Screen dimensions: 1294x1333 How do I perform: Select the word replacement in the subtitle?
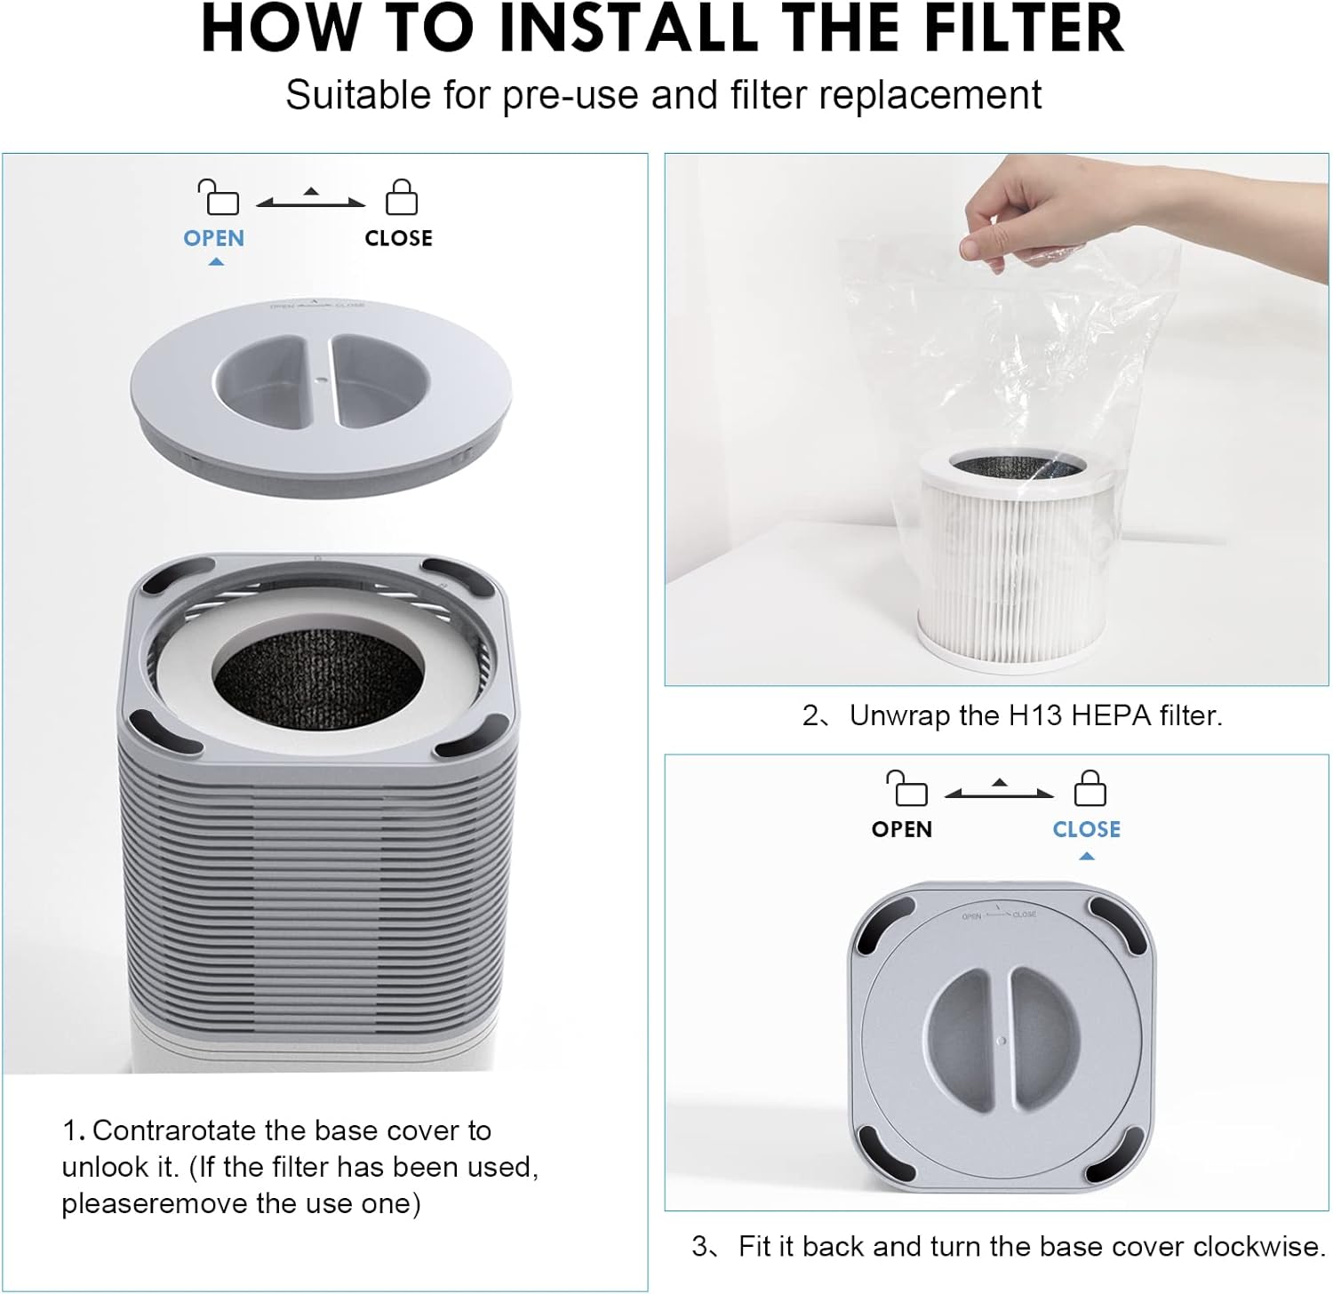pos(930,95)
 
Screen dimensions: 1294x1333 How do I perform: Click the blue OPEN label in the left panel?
pos(213,238)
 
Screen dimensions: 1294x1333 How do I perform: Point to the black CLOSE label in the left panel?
pos(398,238)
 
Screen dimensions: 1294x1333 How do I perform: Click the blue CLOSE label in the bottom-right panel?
pos(1086,829)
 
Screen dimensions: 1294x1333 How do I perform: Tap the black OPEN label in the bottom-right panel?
pos(901,829)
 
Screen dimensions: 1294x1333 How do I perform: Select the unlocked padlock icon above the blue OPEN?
pos(219,197)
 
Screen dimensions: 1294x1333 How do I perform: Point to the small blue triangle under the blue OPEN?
pos(215,262)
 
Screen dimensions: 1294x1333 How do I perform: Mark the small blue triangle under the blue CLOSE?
pos(1086,857)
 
